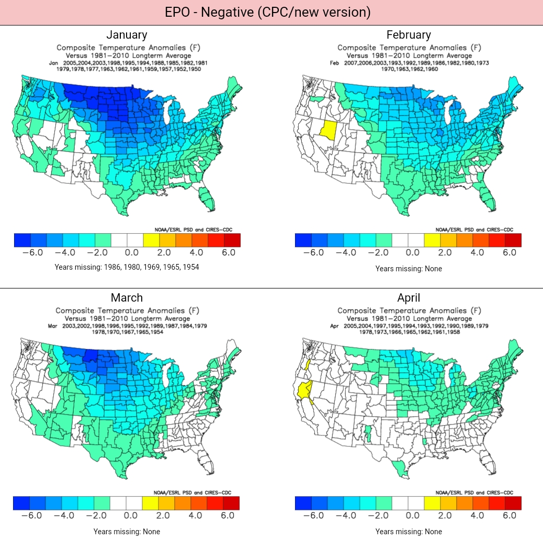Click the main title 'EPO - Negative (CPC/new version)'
click(x=267, y=13)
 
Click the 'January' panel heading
click(x=127, y=35)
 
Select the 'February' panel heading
click(x=409, y=35)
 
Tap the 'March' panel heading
click(x=127, y=298)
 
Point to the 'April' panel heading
click(x=409, y=298)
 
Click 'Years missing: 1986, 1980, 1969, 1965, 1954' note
click(x=127, y=267)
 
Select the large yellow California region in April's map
click(x=303, y=390)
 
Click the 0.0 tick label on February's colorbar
click(x=412, y=252)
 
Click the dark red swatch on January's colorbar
click(x=232, y=240)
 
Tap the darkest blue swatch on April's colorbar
click(x=303, y=503)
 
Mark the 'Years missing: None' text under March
click(x=127, y=532)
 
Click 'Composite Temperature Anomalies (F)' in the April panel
click(x=409, y=311)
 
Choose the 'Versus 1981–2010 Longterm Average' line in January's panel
click(x=127, y=55)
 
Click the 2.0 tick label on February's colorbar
click(x=445, y=252)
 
